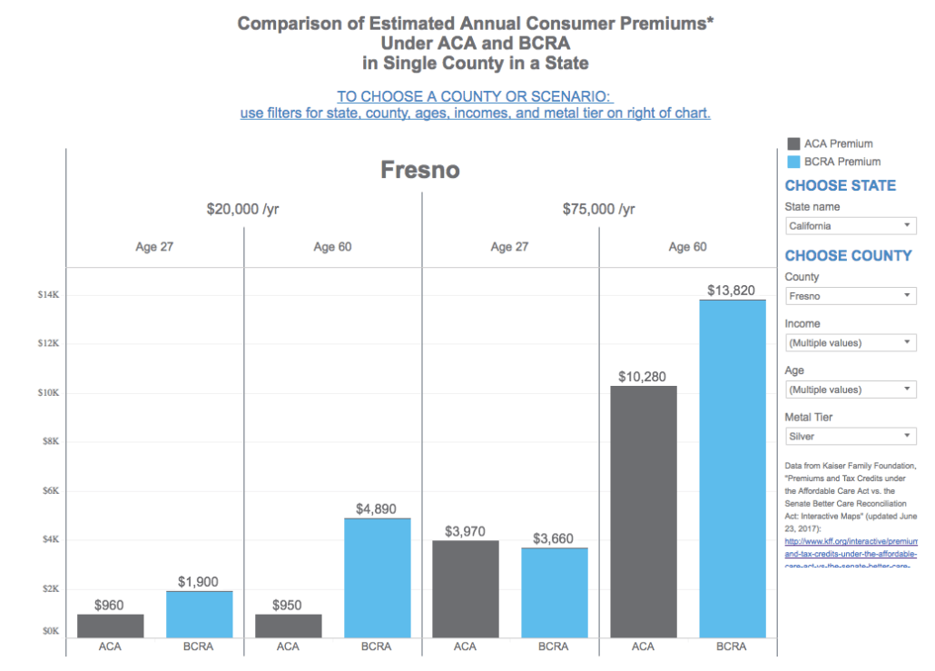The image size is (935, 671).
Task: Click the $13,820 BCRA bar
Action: pyautogui.click(x=733, y=469)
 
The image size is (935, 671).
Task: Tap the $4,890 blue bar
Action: pyautogui.click(x=377, y=577)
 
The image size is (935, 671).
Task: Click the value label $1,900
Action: pyautogui.click(x=199, y=582)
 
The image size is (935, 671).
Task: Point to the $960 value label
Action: pyautogui.click(x=109, y=605)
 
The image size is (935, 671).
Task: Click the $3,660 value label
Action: pyautogui.click(x=554, y=538)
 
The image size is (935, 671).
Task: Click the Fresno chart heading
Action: pyautogui.click(x=420, y=170)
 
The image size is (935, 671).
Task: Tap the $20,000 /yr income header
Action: pyautogui.click(x=242, y=209)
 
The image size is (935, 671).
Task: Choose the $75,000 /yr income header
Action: pyautogui.click(x=598, y=209)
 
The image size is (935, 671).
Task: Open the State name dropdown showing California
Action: pyautogui.click(x=851, y=226)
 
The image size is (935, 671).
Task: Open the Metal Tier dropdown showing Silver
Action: pyautogui.click(x=851, y=437)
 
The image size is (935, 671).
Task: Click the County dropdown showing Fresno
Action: pyautogui.click(x=851, y=296)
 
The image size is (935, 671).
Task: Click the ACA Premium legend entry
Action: pyautogui.click(x=830, y=143)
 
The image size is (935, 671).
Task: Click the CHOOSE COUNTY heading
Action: pyautogui.click(x=848, y=255)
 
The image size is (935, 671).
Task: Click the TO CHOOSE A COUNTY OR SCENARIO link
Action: pyautogui.click(x=475, y=96)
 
